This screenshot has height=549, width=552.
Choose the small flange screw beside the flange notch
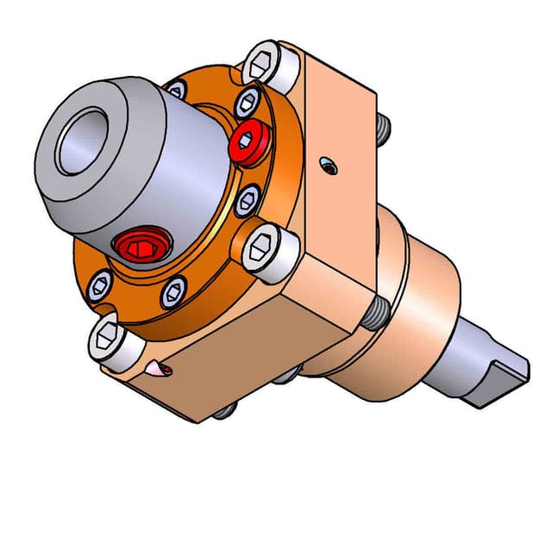click(101, 281)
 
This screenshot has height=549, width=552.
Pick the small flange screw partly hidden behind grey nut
click(177, 89)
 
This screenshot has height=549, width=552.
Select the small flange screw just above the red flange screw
click(250, 99)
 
